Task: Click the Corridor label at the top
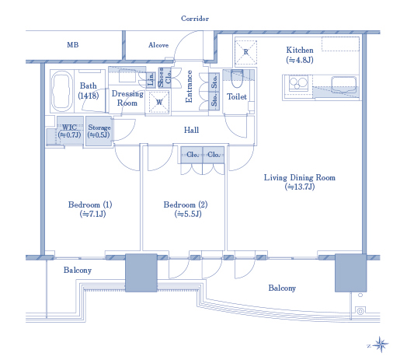tap(195, 19)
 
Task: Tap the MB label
tap(73, 44)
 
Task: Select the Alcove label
tap(158, 45)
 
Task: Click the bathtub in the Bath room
tap(62, 91)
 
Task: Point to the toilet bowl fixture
tap(237, 79)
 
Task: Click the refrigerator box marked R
tap(245, 52)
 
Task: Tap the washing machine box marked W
tap(159, 102)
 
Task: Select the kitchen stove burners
tap(298, 83)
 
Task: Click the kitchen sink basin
tap(343, 85)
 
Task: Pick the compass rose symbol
tap(381, 345)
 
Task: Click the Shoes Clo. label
tap(165, 78)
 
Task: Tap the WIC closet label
tap(69, 127)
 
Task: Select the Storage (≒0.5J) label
tap(99, 131)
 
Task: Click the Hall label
tap(191, 130)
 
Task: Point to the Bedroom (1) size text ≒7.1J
tap(92, 214)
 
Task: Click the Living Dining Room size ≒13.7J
tap(300, 187)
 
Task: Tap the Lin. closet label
tap(151, 79)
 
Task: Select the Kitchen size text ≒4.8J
tap(300, 60)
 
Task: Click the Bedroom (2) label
tap(186, 204)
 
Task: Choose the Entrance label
tap(189, 86)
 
